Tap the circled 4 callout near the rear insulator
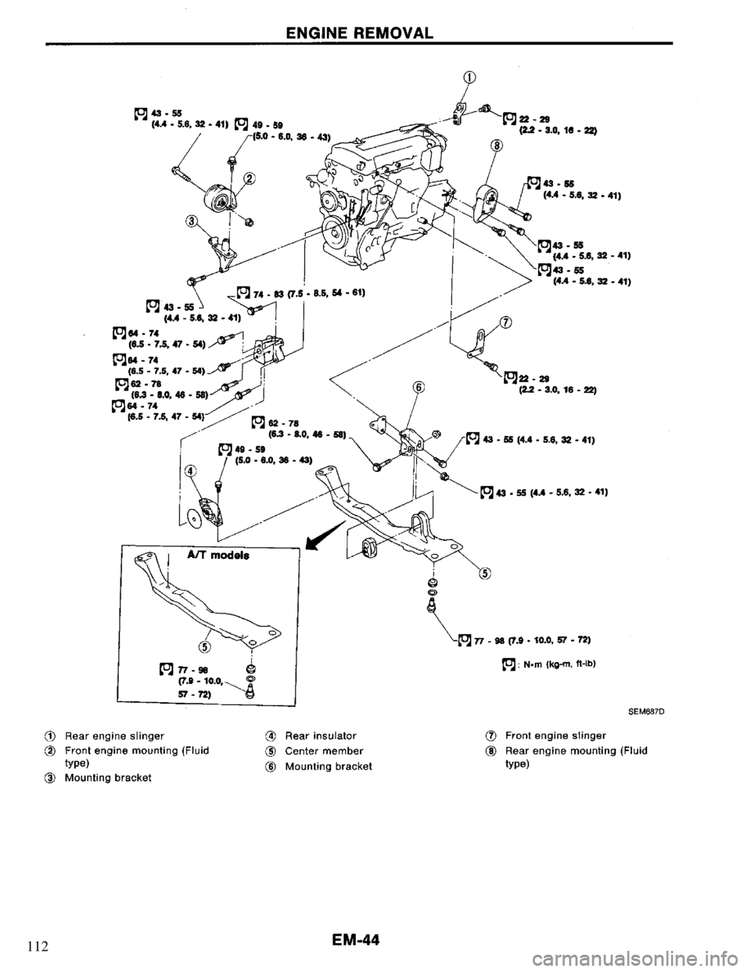pyautogui.click(x=189, y=471)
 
